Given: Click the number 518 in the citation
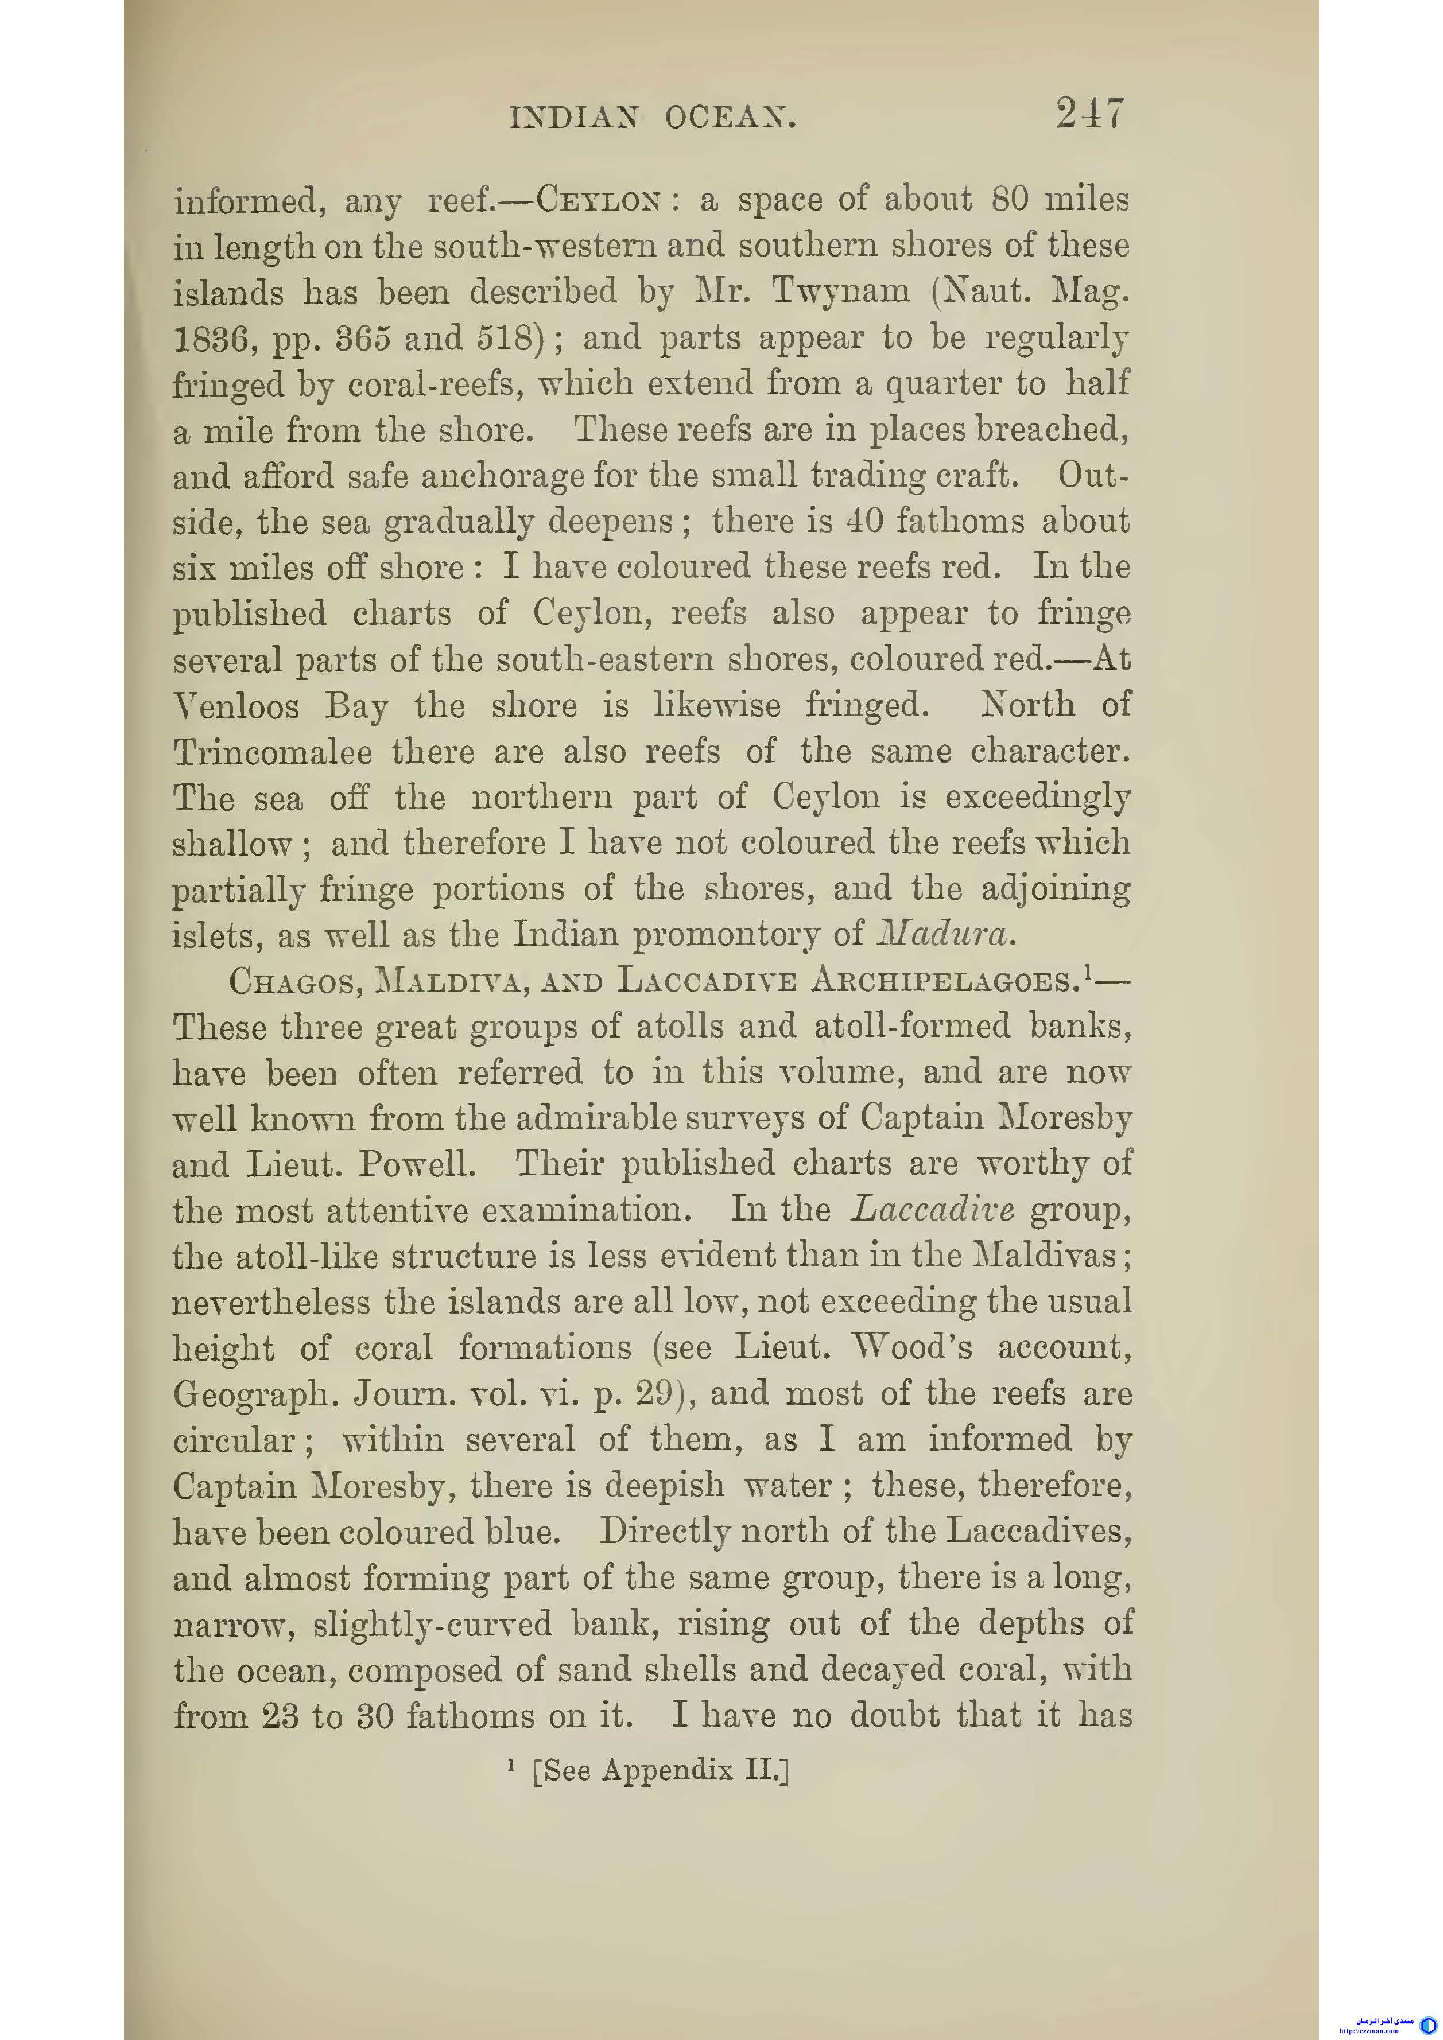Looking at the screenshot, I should click(499, 339).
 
